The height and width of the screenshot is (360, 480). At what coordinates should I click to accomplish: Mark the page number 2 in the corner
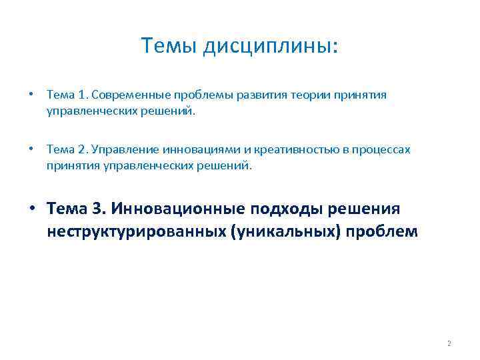tap(449, 343)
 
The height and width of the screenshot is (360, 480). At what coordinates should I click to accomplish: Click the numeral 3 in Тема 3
tap(98, 210)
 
